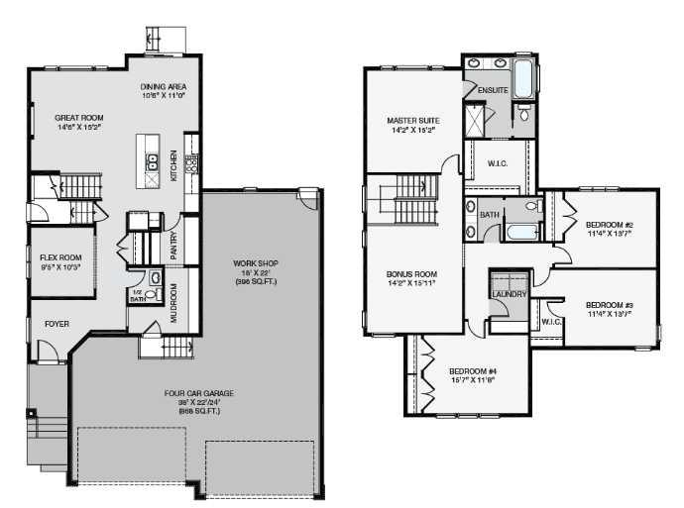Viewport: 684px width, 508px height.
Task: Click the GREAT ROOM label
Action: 78,118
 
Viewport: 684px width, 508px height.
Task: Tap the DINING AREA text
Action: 165,86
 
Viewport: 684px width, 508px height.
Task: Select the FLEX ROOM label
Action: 54,257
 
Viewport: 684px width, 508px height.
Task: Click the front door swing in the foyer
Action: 46,349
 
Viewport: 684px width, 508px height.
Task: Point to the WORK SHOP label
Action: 251,263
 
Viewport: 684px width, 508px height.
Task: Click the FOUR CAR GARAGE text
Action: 198,393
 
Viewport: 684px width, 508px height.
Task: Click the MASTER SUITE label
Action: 413,121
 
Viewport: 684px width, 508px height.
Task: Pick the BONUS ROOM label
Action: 411,273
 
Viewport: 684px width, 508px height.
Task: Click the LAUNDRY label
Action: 507,294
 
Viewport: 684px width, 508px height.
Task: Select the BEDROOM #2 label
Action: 609,225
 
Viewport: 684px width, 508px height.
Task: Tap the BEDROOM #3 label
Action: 609,304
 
